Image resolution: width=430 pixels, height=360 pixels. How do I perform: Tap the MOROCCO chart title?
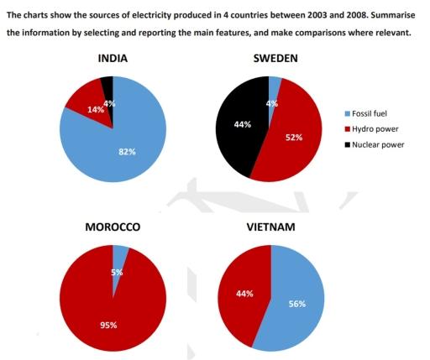click(113, 227)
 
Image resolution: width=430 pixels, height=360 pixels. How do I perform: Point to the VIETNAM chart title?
click(270, 227)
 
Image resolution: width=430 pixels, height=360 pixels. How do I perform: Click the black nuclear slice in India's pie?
click(107, 87)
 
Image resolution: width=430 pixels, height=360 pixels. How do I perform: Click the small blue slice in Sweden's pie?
click(274, 85)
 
